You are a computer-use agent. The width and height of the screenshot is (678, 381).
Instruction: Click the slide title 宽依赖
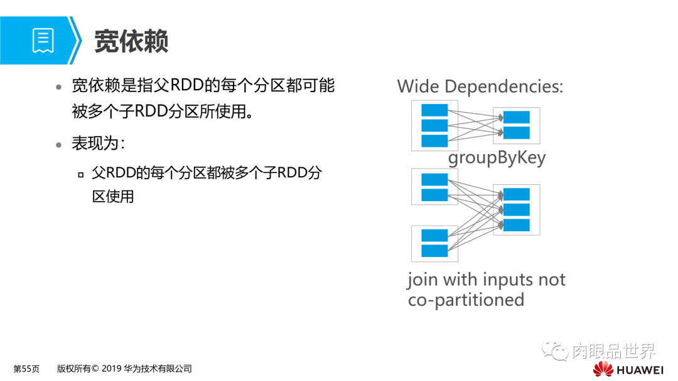click(x=131, y=41)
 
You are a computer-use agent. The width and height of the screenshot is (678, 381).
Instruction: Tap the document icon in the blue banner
click(x=43, y=40)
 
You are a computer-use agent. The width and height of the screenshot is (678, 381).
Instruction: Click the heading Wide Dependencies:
click(x=480, y=86)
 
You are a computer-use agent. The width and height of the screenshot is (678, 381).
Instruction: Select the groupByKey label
click(x=497, y=157)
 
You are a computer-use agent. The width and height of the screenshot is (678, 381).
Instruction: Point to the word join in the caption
click(x=422, y=279)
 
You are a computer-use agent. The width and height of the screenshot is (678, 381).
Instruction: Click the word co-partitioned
click(x=466, y=300)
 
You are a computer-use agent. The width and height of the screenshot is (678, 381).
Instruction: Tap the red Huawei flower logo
click(x=604, y=368)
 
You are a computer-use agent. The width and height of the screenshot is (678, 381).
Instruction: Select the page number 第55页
click(x=26, y=368)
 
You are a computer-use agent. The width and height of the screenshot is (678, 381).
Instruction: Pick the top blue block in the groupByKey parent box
click(x=434, y=110)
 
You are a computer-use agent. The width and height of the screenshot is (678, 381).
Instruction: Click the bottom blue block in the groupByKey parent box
click(x=434, y=140)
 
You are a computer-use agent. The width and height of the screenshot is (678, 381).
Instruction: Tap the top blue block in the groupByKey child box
click(x=516, y=117)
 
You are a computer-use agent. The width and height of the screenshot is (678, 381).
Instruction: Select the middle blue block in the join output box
click(x=516, y=209)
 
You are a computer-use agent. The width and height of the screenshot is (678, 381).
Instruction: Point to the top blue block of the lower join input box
click(x=434, y=236)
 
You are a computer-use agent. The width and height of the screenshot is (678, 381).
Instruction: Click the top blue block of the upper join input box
click(x=434, y=180)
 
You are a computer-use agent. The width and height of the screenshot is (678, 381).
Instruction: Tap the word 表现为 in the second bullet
click(x=94, y=144)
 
